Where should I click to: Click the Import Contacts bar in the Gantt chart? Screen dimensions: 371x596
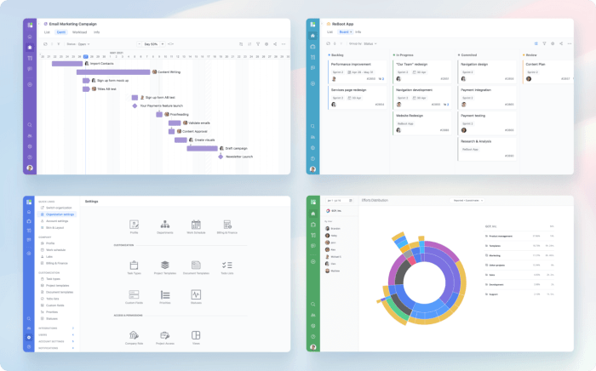click(67, 63)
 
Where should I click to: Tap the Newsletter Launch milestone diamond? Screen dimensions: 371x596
click(220, 157)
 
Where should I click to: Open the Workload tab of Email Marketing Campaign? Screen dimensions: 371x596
click(79, 31)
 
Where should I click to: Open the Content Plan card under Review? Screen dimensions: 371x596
click(545, 68)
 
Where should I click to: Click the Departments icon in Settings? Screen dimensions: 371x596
click(165, 225)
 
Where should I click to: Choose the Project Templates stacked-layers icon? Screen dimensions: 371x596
click(165, 265)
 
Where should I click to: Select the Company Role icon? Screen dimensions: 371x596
click(135, 336)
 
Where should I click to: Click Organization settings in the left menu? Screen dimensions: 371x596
click(60, 214)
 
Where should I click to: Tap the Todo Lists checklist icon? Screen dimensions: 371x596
click(227, 265)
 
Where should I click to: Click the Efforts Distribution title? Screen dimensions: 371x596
click(375, 200)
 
